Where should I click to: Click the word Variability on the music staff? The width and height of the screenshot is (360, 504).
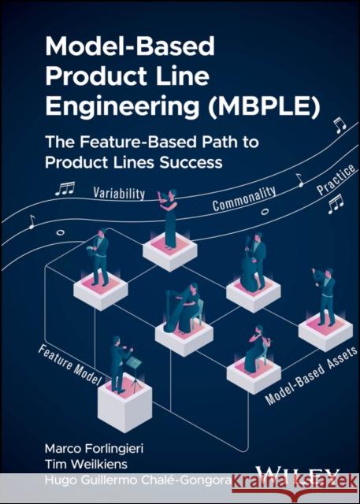tap(121, 192)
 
